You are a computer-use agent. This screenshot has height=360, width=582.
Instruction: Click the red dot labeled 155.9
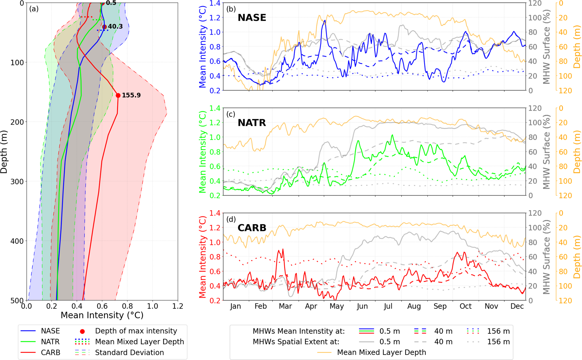pyautogui.click(x=118, y=95)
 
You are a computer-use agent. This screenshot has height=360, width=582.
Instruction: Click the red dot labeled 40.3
pyautogui.click(x=104, y=27)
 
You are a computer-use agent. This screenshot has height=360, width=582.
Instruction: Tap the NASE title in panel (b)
pyautogui.click(x=252, y=18)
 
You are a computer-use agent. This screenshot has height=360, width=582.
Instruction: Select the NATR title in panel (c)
pyautogui.click(x=252, y=123)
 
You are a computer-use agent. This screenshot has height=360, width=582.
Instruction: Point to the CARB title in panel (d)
pyautogui.click(x=252, y=228)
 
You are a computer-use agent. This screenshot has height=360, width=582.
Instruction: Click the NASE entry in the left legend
pyautogui.click(x=50, y=331)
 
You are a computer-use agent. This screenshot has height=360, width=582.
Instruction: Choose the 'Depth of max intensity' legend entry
pyautogui.click(x=136, y=331)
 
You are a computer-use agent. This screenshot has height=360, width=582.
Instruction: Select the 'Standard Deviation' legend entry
pyautogui.click(x=129, y=352)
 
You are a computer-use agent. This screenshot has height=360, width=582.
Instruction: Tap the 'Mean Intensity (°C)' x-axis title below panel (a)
pyautogui.click(x=102, y=315)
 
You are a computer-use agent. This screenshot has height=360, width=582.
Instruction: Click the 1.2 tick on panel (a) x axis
pyautogui.click(x=178, y=306)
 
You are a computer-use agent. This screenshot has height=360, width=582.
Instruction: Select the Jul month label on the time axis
pyautogui.click(x=388, y=306)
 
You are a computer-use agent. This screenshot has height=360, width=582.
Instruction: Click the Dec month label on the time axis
pyautogui.click(x=517, y=306)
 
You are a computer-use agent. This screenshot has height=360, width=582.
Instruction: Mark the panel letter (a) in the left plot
pyautogui.click(x=34, y=9)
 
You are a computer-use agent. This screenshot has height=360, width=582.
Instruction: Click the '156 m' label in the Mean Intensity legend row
pyautogui.click(x=498, y=331)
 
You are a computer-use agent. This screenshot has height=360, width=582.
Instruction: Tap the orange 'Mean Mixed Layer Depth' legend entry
pyautogui.click(x=381, y=352)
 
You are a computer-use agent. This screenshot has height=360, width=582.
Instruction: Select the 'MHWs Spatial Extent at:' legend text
pyautogui.click(x=296, y=342)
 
